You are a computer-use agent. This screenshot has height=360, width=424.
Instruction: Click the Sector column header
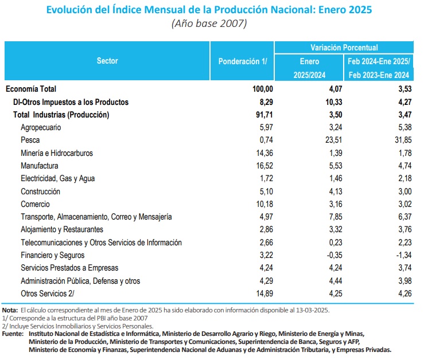[x=107, y=61]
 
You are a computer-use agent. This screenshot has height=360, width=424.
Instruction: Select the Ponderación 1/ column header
[x=243, y=61]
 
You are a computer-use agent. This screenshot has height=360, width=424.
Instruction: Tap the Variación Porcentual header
[x=344, y=48]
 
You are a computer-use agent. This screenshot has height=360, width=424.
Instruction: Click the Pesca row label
[x=30, y=140]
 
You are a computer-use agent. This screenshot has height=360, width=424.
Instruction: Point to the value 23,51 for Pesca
[x=335, y=140]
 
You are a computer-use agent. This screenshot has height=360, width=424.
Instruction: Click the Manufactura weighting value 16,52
[x=264, y=166]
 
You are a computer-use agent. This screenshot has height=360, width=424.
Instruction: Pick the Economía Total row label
[x=31, y=89]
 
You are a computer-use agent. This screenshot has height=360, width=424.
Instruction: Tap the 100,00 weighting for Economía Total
[x=263, y=89]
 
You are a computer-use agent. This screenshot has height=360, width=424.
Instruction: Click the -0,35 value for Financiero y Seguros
[x=334, y=255]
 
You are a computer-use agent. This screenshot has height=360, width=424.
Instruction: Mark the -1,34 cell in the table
[x=404, y=255]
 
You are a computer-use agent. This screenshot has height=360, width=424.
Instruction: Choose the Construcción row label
[x=41, y=191]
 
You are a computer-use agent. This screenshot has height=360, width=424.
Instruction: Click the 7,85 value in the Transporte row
[x=336, y=217]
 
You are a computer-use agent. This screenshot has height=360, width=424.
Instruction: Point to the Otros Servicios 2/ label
[x=47, y=294]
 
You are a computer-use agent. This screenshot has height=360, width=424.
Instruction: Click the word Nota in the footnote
[x=10, y=310]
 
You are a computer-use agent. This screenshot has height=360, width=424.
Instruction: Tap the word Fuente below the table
[x=13, y=334]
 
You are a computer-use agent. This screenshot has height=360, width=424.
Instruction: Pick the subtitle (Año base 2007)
[x=209, y=24]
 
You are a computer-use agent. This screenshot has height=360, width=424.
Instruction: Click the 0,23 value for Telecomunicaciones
[x=336, y=242]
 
